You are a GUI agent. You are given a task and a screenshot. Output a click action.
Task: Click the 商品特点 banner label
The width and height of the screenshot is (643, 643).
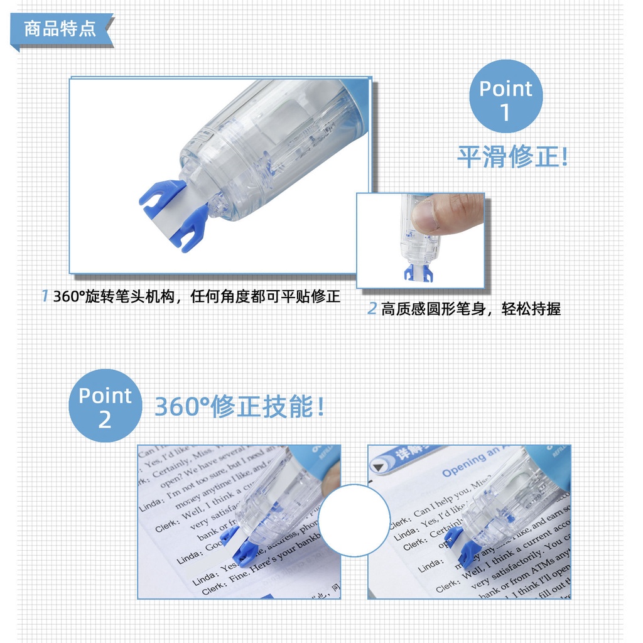pyautogui.click(x=60, y=29)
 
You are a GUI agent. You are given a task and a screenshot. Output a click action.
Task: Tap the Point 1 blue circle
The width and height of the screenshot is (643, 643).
pyautogui.click(x=505, y=97)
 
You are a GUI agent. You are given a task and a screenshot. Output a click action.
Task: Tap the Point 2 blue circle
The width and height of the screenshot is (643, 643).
pyautogui.click(x=105, y=405)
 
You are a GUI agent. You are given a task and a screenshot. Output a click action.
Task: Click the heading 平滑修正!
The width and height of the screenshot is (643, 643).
pyautogui.click(x=512, y=156)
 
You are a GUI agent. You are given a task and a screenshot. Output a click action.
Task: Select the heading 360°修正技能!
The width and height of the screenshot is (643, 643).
pyautogui.click(x=240, y=407)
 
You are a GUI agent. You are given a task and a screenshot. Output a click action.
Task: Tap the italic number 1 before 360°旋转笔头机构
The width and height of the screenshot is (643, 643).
pyautogui.click(x=45, y=296)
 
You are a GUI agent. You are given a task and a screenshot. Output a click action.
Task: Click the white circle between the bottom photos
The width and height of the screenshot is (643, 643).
pyautogui.click(x=354, y=521)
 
